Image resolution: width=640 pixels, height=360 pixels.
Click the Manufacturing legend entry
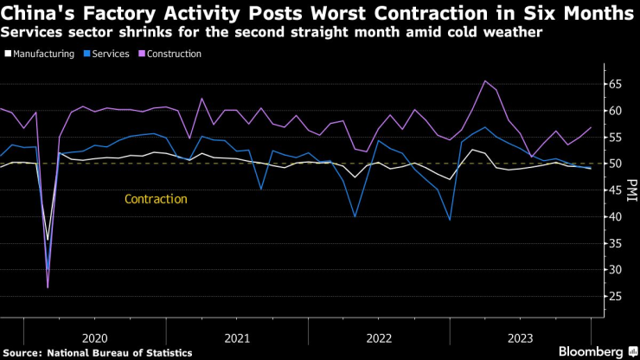41,54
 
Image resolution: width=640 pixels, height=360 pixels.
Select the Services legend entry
110,54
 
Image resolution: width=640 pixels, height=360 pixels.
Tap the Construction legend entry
174,54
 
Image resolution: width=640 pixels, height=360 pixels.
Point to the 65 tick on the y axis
613,84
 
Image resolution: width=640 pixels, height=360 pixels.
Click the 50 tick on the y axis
613,164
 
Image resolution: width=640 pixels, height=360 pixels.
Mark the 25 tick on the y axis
613,296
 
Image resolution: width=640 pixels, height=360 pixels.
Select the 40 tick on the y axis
613,216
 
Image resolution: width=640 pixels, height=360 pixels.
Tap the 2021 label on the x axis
236,337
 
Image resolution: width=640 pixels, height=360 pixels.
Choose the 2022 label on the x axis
378,337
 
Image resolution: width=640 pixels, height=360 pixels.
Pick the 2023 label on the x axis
521,337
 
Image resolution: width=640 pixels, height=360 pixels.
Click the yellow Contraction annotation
156,199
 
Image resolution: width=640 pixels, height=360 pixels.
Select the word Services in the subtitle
29,32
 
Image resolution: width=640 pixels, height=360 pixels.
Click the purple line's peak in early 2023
485,81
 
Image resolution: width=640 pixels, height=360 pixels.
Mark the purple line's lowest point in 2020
48,286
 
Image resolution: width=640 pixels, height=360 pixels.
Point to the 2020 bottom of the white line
48,240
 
